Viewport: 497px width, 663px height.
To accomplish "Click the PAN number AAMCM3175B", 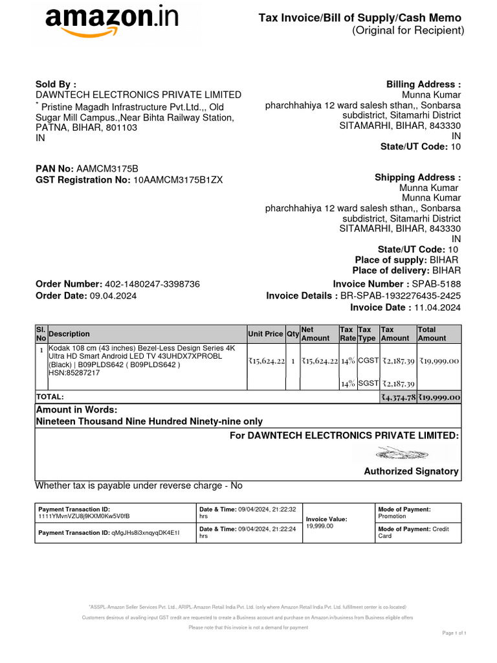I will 107,168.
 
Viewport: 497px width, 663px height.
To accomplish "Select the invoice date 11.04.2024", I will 437,308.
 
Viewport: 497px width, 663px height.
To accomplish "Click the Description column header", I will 69,334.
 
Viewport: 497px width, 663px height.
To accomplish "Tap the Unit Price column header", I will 265,334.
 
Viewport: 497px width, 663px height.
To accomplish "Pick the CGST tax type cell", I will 368,361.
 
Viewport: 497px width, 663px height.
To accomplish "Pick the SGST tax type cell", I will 368,384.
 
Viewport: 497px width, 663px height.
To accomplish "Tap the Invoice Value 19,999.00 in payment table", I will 320,526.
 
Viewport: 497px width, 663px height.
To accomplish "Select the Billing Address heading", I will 423,85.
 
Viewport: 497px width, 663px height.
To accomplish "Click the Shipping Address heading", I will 417,177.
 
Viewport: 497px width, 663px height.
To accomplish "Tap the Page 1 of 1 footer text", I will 454,633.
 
